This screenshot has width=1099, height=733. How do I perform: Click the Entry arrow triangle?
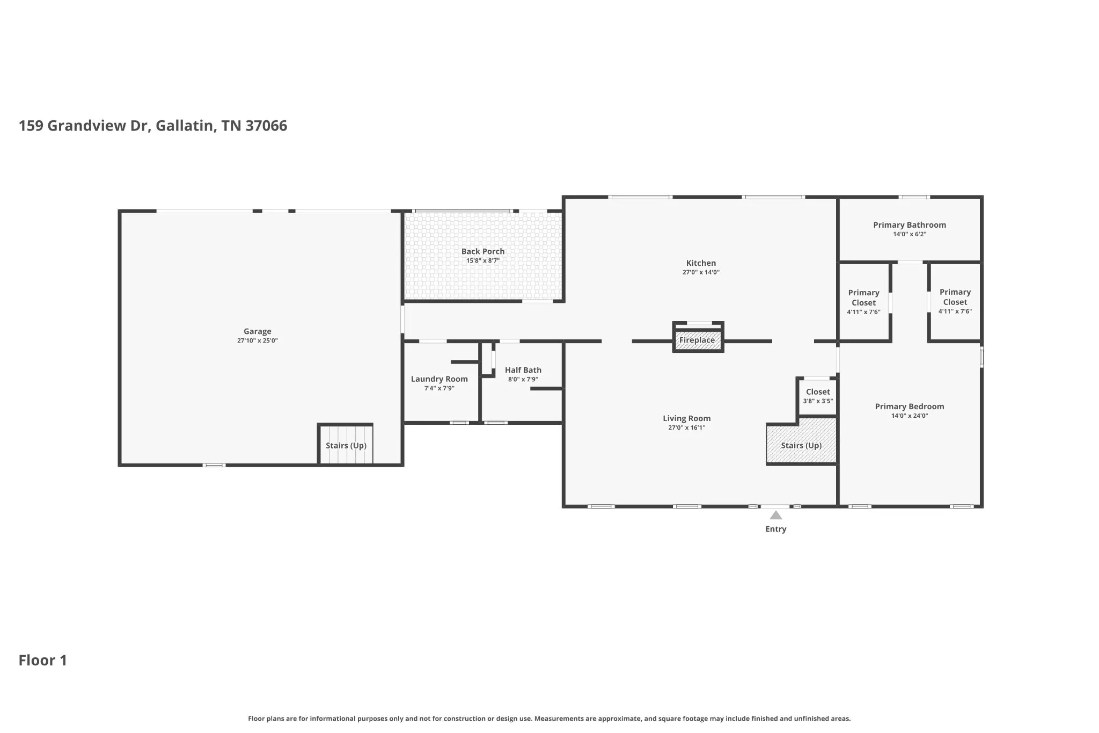pos(776,516)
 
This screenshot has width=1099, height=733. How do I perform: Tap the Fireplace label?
pos(697,340)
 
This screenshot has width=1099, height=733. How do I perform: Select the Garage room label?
pos(258,331)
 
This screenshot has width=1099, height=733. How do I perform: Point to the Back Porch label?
pos(483,251)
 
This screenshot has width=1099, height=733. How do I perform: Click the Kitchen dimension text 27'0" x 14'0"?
pos(701,272)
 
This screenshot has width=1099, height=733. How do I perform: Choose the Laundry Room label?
pos(439,379)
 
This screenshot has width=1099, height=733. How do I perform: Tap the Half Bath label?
pos(523,370)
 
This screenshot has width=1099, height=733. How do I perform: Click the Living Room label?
pos(687,418)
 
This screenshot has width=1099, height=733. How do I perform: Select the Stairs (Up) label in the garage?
pos(346,446)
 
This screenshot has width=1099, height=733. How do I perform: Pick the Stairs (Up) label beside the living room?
pos(801,446)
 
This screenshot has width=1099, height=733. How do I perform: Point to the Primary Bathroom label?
pos(910,225)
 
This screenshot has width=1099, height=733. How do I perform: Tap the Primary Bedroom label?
pos(910,407)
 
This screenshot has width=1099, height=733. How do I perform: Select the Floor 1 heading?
pos(43,660)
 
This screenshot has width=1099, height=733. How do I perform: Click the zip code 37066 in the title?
pos(266,126)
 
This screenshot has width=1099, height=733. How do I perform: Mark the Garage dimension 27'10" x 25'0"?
pos(258,340)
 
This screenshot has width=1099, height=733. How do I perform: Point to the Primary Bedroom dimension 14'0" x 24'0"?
pos(910,416)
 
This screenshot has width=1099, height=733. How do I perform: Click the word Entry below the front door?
pos(776,529)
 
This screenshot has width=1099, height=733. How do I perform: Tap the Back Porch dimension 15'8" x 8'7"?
pos(483,260)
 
